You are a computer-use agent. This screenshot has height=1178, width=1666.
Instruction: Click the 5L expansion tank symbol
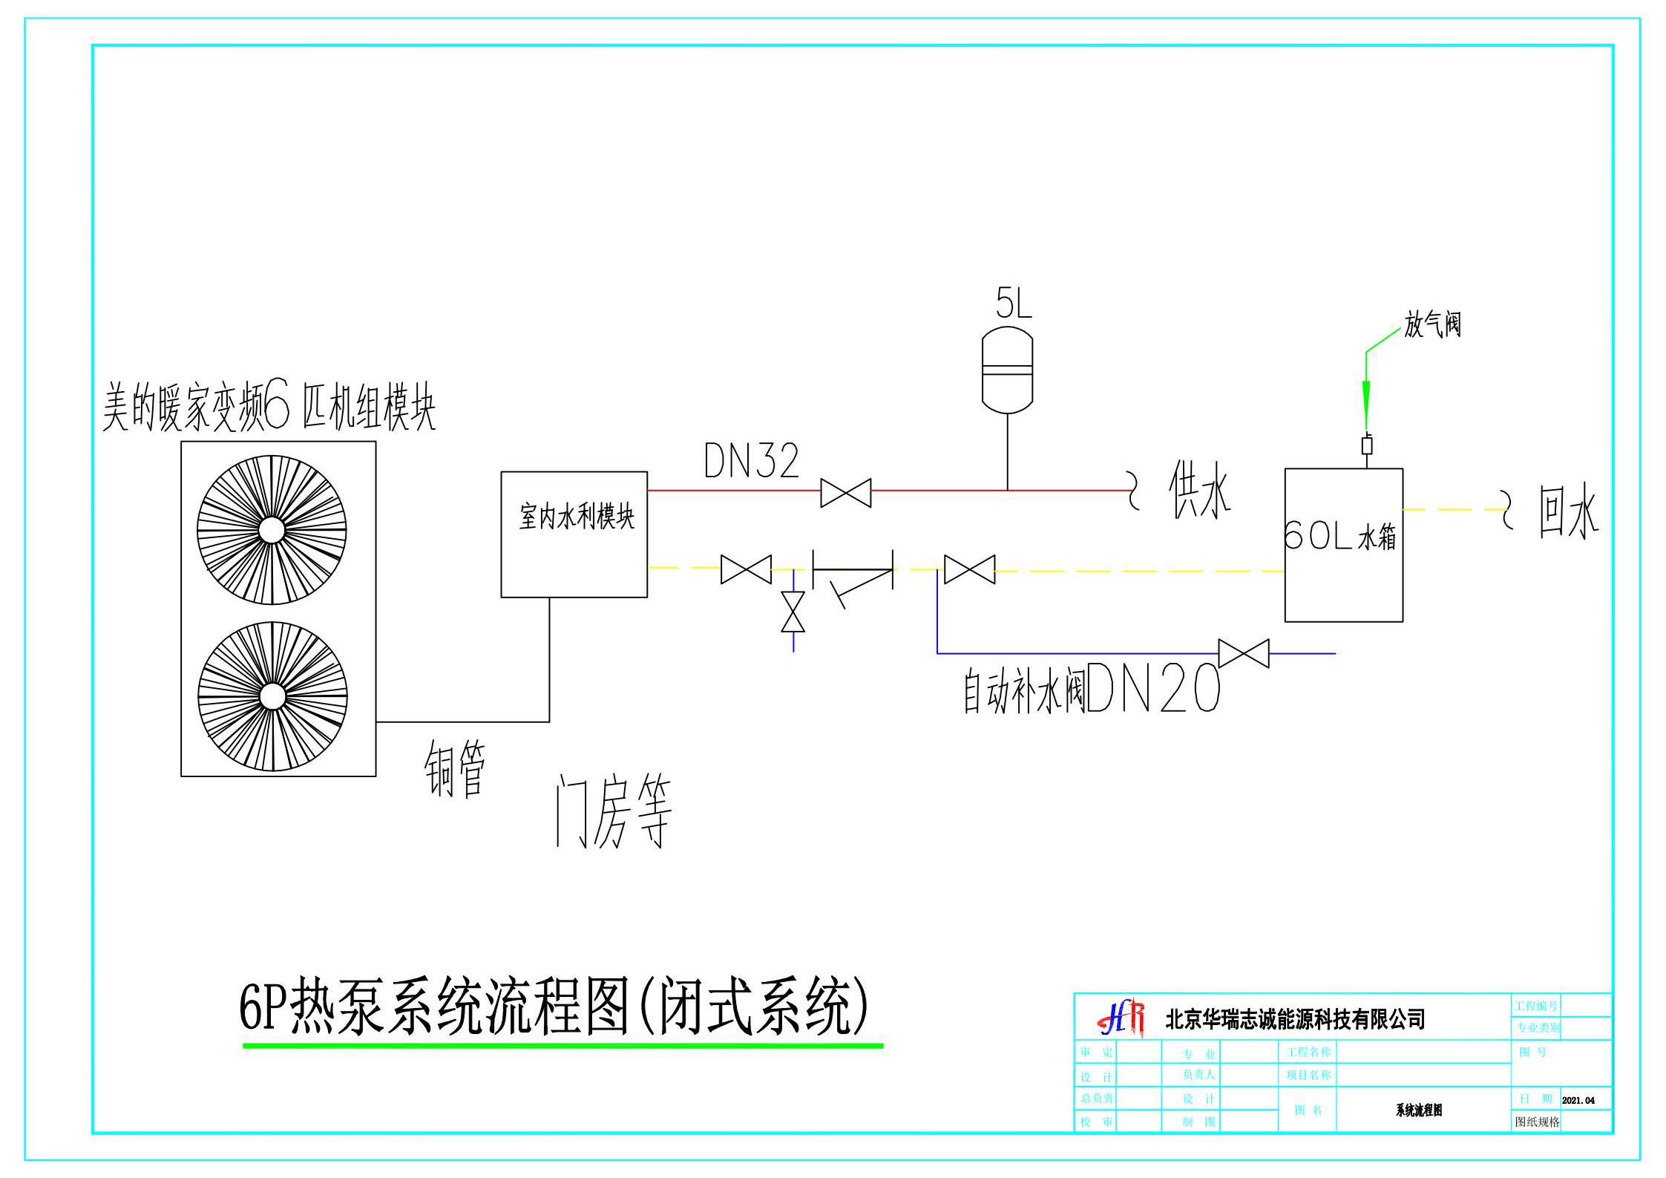click(x=1007, y=370)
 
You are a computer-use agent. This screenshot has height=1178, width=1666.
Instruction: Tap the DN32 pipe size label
click(x=751, y=461)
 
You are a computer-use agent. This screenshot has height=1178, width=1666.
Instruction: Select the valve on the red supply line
click(x=845, y=493)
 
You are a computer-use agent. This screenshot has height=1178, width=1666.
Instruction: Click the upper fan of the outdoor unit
click(x=272, y=529)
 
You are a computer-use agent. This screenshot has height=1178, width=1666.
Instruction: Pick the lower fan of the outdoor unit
click(x=272, y=696)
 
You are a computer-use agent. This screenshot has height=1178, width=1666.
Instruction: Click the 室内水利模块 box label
click(x=577, y=517)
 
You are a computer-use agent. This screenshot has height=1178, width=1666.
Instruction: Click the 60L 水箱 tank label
click(x=1339, y=536)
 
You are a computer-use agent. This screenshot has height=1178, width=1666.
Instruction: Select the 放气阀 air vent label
click(x=1431, y=324)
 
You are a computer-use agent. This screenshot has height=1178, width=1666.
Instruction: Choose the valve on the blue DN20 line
click(x=1244, y=653)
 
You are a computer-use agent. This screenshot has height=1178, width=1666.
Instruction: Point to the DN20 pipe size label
click(x=1152, y=688)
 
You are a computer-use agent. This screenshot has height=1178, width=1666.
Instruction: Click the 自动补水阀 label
click(x=1023, y=691)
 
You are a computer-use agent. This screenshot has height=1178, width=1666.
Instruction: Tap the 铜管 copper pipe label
click(x=455, y=769)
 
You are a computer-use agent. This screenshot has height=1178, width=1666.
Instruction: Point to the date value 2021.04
click(x=1578, y=1100)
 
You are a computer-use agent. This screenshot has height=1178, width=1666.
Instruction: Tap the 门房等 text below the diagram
click(x=614, y=811)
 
